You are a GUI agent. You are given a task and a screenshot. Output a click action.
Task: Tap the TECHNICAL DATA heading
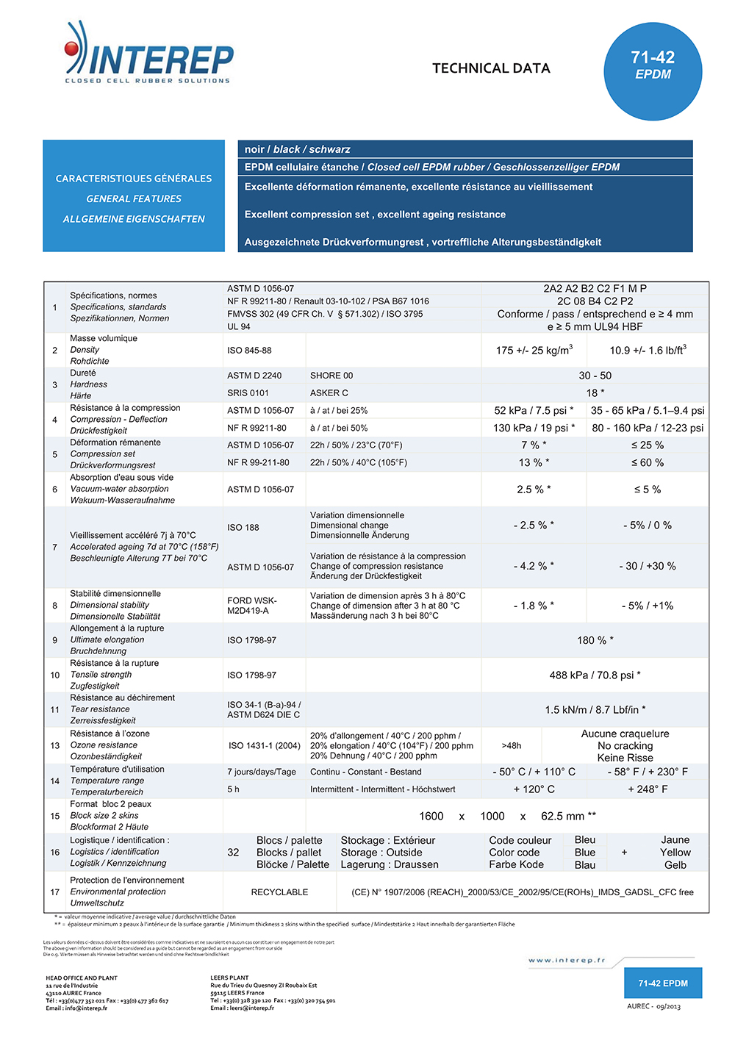tap(491, 68)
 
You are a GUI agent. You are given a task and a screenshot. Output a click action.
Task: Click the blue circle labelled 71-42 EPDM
tap(653, 71)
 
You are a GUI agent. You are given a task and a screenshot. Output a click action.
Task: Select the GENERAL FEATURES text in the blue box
tap(134, 198)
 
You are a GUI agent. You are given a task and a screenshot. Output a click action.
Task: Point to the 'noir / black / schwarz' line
tap(298, 149)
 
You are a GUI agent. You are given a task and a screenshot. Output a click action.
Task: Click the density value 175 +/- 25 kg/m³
tap(534, 351)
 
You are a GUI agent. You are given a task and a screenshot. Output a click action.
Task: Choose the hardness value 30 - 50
tap(595, 376)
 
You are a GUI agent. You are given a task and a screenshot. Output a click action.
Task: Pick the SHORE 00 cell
tap(331, 376)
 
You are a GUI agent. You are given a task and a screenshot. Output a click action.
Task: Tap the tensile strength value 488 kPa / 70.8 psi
tap(595, 675)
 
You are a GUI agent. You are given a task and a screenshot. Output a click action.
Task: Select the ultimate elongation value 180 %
tap(595, 640)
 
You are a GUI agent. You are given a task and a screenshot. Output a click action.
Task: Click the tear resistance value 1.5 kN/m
tap(595, 710)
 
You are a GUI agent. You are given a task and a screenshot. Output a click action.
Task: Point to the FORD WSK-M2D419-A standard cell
tap(252, 606)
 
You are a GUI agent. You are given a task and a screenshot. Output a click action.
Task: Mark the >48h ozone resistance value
tap(512, 745)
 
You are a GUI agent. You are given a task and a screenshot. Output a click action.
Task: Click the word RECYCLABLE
tap(279, 892)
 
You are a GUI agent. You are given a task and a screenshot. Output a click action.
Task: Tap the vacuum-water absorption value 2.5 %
tap(534, 489)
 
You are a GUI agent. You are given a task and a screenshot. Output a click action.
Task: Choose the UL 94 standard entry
tap(239, 327)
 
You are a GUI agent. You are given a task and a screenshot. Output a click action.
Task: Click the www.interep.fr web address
tap(567, 960)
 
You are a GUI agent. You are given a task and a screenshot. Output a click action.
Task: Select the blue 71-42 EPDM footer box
tap(663, 983)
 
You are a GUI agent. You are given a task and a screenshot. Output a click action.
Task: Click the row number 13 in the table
tap(55, 745)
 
